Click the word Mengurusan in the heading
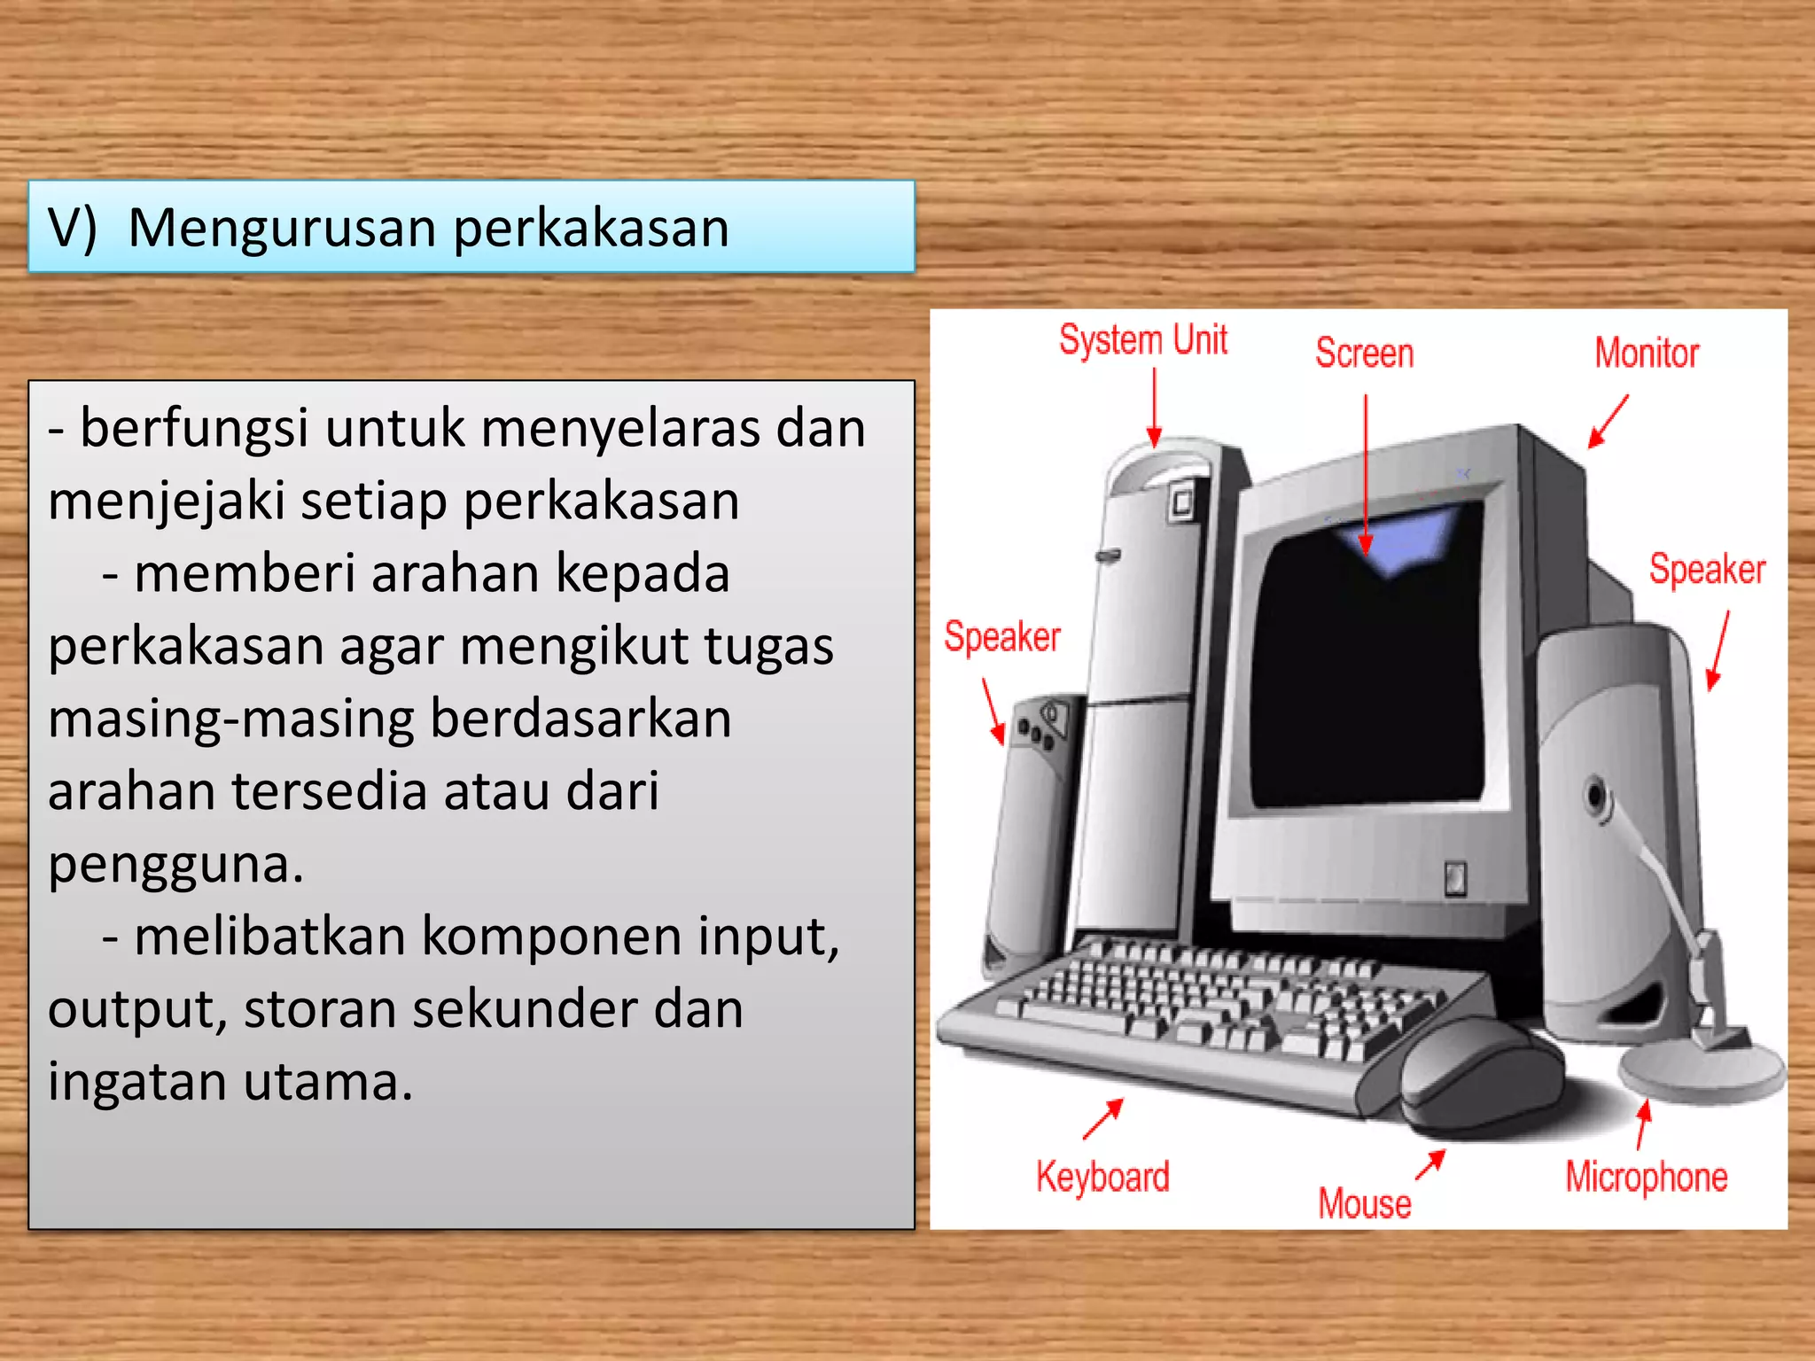tap(284, 229)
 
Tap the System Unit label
tap(1143, 339)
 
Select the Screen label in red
tap(1364, 353)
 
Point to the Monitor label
tap(1647, 353)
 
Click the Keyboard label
tap(1102, 1177)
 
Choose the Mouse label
tap(1364, 1203)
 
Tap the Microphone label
tap(1646, 1177)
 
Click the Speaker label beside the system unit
tap(1001, 636)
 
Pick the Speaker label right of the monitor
tap(1707, 569)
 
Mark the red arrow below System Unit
tap(1154, 408)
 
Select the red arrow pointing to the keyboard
tap(1103, 1118)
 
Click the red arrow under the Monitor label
tap(1608, 422)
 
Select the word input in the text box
tap(760, 937)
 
